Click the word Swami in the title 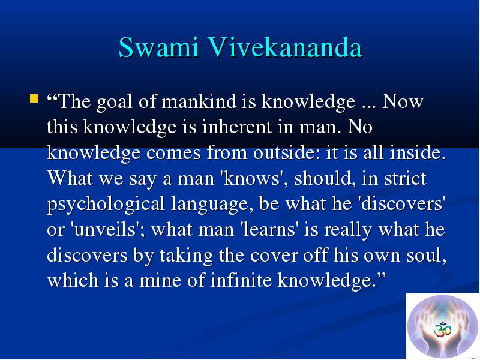159,47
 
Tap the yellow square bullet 34,98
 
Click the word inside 418,152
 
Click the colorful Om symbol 443,329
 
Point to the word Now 403,101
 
